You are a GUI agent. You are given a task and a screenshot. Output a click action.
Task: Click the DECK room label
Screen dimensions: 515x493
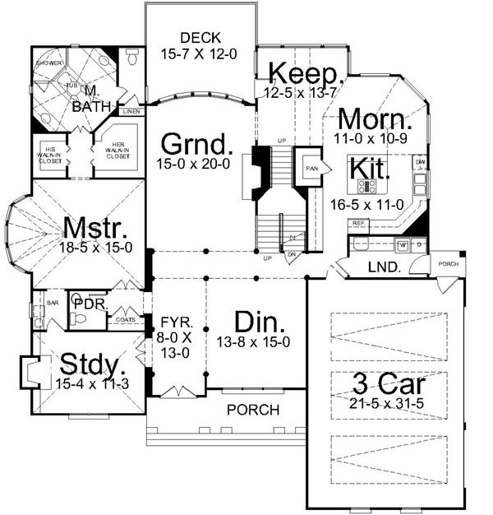[x=197, y=36]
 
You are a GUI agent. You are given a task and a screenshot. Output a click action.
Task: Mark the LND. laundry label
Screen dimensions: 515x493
[x=385, y=267]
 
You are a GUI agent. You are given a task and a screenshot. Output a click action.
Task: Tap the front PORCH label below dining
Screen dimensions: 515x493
[x=253, y=410]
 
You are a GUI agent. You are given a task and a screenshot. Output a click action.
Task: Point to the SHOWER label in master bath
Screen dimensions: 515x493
[x=48, y=63]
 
